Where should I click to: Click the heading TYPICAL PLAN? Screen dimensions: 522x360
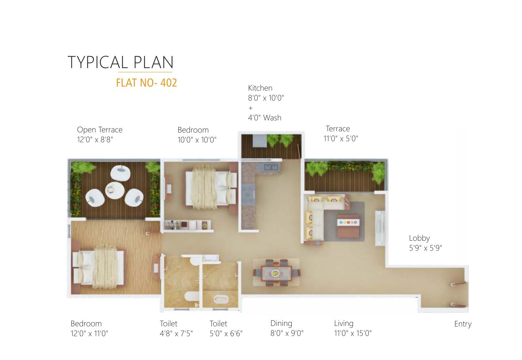pos(120,62)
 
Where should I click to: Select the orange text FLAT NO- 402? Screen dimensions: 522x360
pos(146,83)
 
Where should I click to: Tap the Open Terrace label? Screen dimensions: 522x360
pos(99,130)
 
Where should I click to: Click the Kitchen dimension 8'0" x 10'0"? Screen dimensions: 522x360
pos(266,98)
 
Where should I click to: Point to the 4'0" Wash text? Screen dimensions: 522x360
pos(264,118)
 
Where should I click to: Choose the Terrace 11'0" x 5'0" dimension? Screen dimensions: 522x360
pos(340,139)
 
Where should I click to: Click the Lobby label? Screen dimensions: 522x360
pos(419,238)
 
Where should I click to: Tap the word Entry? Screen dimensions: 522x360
pos(463,324)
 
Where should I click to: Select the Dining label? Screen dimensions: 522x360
pos(281,323)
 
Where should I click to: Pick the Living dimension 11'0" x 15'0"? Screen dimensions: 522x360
pos(353,333)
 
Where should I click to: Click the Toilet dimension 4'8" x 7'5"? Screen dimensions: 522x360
pos(176,334)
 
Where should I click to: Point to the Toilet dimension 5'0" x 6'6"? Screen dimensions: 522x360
pos(226,334)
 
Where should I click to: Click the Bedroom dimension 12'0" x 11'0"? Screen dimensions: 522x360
pos(89,334)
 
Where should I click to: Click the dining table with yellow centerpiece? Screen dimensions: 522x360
pos(276,273)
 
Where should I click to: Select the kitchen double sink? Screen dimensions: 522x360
pos(271,167)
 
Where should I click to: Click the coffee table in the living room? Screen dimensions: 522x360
pos(348,226)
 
